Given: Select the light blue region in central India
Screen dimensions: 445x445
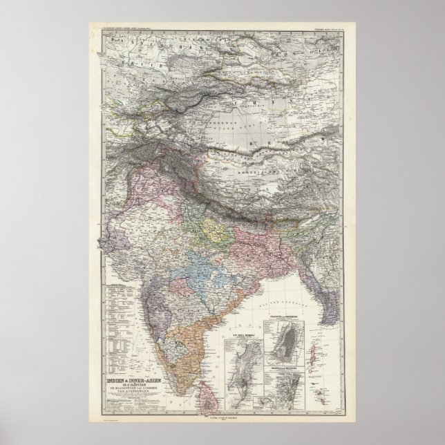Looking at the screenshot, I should tap(181, 267).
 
